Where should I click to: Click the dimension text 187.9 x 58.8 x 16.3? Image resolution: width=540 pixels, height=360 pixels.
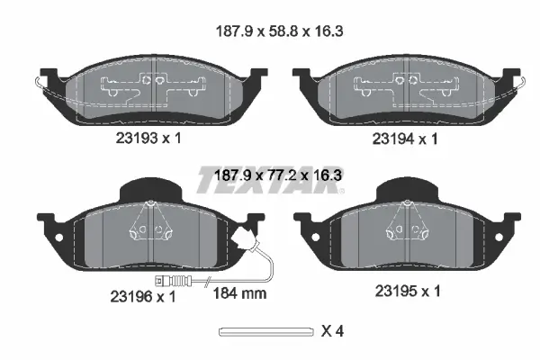pos(270,30)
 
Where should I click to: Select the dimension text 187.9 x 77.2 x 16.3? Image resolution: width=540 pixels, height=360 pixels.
pos(270,179)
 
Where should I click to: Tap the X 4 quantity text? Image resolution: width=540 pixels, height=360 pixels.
pos(333,331)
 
